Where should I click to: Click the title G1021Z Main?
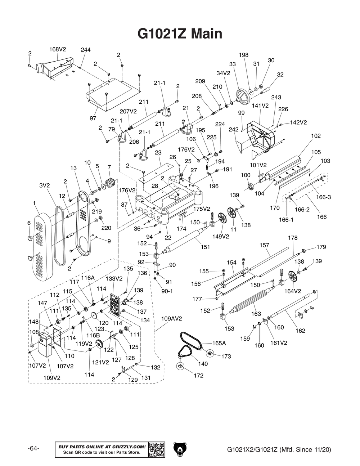pyautogui.click(x=180, y=34)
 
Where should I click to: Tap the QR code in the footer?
pyautogui.click(x=157, y=449)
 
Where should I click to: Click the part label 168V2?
pyautogui.click(x=56, y=49)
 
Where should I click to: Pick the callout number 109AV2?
pyautogui.click(x=171, y=319)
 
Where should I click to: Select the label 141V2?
pyautogui.click(x=260, y=106)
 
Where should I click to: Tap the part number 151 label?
pyautogui.click(x=205, y=247)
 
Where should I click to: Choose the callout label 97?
pyautogui.click(x=93, y=118)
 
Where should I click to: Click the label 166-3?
pyautogui.click(x=323, y=197)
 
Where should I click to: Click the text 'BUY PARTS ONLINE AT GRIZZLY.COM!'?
pyautogui.click(x=102, y=447)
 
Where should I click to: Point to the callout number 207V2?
pyautogui.click(x=128, y=112)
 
